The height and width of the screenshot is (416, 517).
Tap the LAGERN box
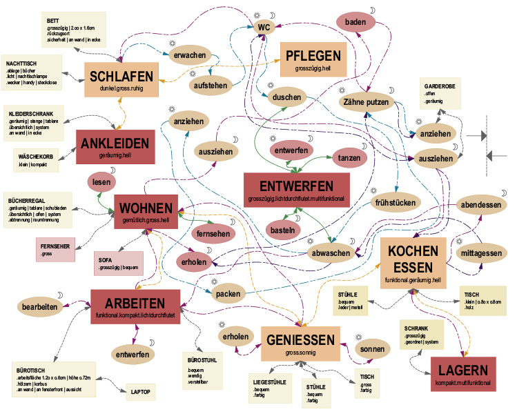[462, 373]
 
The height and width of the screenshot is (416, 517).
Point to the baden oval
[355, 23]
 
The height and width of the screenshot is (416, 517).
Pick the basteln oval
[283, 230]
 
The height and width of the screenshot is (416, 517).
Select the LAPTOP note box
[141, 392]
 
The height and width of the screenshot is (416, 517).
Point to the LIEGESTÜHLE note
[270, 386]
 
